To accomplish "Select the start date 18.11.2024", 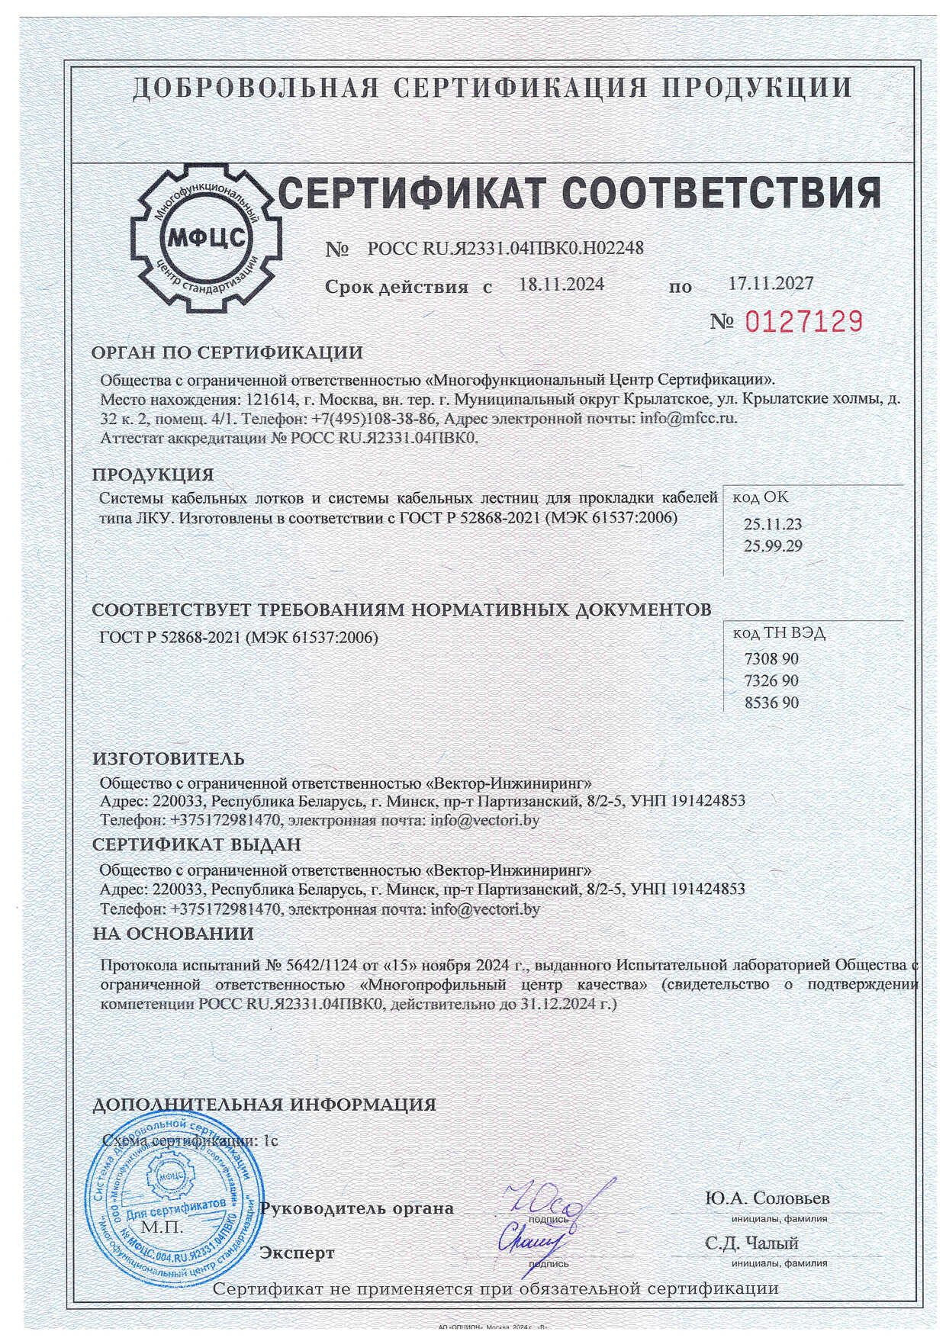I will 561,285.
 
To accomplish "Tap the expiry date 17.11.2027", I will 771,283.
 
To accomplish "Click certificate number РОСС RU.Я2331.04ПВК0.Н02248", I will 506,248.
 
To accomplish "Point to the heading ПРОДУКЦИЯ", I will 153,474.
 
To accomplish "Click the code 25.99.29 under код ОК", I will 773,545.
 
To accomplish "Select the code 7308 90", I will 771,659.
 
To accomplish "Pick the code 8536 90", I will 771,703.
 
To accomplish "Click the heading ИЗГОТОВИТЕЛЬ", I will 169,759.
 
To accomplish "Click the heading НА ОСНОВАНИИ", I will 173,933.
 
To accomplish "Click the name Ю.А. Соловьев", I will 767,1198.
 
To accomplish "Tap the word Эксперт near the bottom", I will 298,1253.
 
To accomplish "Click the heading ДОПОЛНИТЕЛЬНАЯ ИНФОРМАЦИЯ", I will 264,1105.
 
